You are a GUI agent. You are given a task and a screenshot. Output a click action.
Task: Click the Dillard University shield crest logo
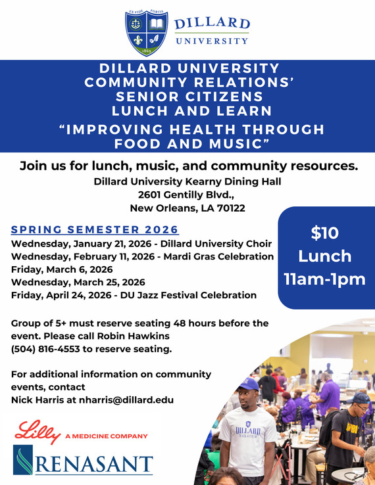145,33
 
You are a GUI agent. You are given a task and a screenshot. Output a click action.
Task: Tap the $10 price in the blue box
324,233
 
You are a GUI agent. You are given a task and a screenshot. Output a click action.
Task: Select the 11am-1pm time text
324,279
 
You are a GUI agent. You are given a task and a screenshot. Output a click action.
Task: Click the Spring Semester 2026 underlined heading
95,230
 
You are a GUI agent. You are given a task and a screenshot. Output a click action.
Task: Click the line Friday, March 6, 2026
62,269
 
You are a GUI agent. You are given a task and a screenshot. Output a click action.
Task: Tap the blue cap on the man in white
247,383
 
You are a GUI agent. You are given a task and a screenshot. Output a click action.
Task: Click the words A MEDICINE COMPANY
106,436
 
